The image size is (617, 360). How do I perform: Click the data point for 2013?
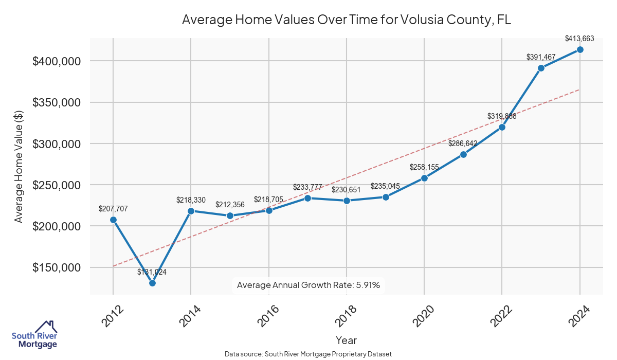click(152, 283)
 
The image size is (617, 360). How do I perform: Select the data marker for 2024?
click(580, 49)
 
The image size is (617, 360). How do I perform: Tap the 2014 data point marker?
click(191, 211)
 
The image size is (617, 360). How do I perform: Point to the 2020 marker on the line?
click(424, 178)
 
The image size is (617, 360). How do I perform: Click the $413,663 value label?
click(580, 38)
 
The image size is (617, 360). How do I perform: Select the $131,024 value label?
click(152, 272)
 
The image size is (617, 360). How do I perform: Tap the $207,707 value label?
click(113, 209)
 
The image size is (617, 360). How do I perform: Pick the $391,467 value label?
click(541, 57)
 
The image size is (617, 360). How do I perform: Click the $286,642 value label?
click(463, 143)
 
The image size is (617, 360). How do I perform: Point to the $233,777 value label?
click(307, 187)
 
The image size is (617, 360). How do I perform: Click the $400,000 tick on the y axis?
click(58, 61)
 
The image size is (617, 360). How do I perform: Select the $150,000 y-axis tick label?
click(58, 268)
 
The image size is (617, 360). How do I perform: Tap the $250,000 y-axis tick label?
click(58, 185)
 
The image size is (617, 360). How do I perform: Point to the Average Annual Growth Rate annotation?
click(308, 285)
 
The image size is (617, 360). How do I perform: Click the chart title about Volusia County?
click(347, 20)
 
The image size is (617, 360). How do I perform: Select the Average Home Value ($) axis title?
click(19, 166)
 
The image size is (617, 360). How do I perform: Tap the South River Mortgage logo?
click(34, 335)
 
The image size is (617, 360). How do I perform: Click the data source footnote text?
click(308, 354)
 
